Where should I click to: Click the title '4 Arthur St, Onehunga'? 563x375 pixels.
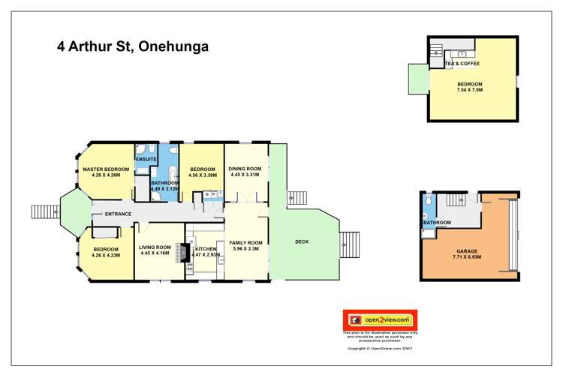click(133, 46)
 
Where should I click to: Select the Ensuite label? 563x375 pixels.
click(146, 160)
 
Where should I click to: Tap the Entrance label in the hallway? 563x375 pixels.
click(118, 214)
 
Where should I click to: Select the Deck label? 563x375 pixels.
click(302, 241)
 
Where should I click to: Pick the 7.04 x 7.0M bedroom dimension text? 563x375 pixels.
click(469, 89)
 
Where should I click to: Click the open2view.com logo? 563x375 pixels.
click(380, 319)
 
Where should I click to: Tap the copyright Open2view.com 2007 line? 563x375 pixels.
click(380, 349)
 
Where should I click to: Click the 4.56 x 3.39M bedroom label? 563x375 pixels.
click(203, 173)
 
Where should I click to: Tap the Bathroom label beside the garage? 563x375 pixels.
click(436, 223)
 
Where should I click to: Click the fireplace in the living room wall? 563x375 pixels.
click(184, 253)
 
